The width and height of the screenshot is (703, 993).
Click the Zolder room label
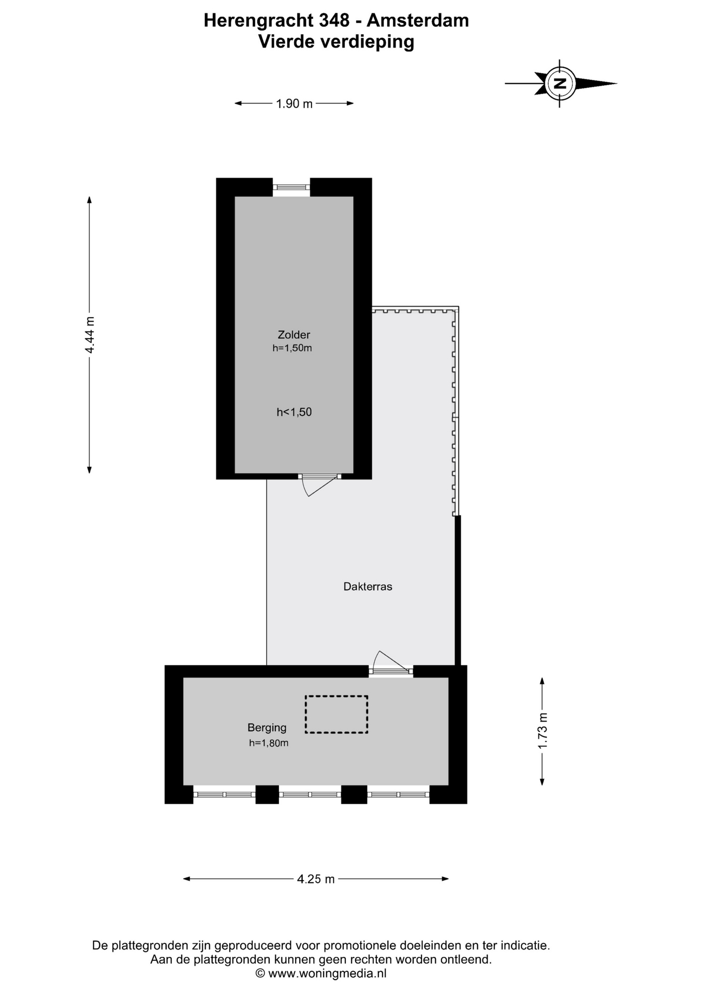[294, 335]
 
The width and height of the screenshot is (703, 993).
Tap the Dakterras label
[368, 586]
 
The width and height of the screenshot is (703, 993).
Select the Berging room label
[267, 728]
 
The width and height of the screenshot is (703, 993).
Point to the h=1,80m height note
[268, 743]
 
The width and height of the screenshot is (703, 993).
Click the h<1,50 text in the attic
[294, 412]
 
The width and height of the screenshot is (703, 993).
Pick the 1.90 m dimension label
[294, 103]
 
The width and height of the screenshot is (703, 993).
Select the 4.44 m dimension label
[90, 335]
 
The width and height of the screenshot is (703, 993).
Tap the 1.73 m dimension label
[542, 731]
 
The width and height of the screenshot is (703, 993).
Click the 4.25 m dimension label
[316, 879]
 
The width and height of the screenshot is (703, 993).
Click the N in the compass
[559, 83]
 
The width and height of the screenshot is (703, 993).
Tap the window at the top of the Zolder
[291, 187]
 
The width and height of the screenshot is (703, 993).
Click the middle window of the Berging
[310, 794]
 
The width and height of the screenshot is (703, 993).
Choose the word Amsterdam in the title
[418, 20]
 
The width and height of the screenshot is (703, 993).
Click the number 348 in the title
[333, 20]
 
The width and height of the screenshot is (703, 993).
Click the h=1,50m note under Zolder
[292, 348]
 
